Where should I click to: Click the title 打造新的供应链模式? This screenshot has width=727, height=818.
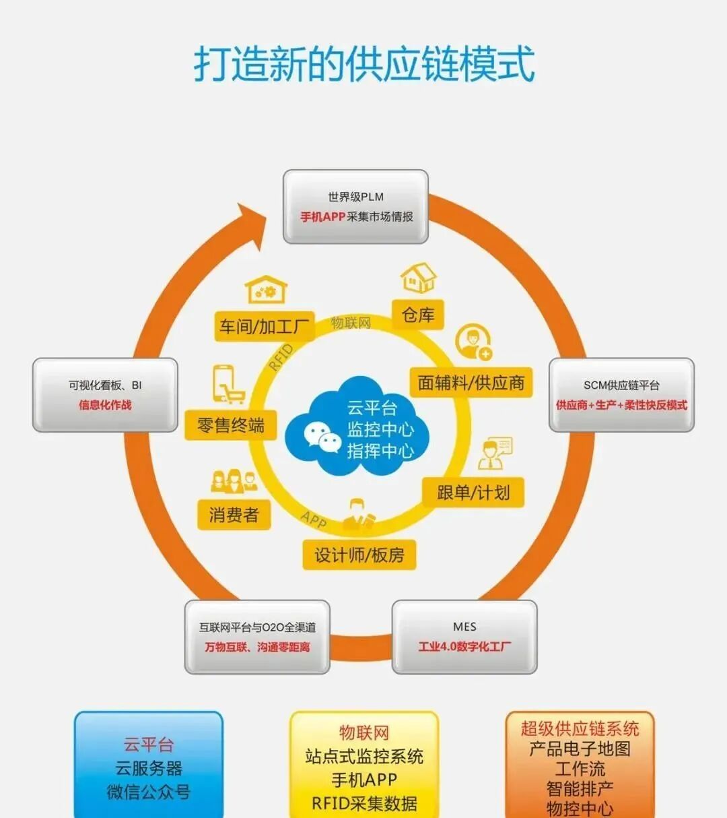364,64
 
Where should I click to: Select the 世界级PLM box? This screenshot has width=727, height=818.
355,206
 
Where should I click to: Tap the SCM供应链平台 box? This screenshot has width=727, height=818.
621,395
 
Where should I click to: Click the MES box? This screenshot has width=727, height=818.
464,637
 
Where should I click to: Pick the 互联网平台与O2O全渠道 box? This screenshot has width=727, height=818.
257,637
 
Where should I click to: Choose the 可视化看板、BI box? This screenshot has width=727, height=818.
105,395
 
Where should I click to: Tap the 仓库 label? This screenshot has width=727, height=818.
418,315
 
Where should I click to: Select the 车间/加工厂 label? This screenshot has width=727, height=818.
265,327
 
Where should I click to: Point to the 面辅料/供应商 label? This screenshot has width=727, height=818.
471,383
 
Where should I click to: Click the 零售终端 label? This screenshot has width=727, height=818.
231,425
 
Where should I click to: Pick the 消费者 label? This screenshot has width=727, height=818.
234,515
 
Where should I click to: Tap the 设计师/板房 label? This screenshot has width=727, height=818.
359,555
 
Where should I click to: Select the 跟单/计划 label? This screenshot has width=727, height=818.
473,493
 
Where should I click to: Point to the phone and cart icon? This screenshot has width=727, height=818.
228,384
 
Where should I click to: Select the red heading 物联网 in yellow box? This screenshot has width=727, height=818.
364,733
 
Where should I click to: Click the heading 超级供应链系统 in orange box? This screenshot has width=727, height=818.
580,729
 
